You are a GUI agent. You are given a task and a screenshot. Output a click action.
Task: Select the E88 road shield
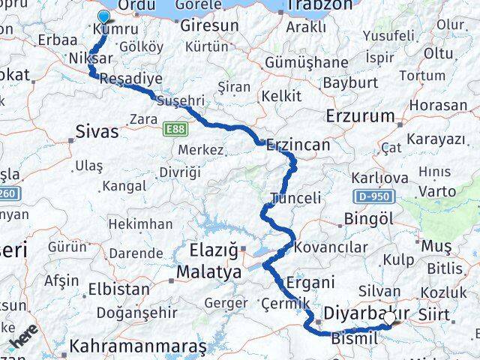click(175, 130)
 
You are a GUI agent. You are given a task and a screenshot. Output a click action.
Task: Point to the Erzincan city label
click(298, 146)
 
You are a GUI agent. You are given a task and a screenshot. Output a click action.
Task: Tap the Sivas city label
click(97, 132)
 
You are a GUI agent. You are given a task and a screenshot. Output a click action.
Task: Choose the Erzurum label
click(360, 116)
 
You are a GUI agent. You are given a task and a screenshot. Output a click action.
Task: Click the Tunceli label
click(295, 199)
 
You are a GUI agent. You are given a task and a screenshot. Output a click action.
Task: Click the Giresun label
click(209, 25)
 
